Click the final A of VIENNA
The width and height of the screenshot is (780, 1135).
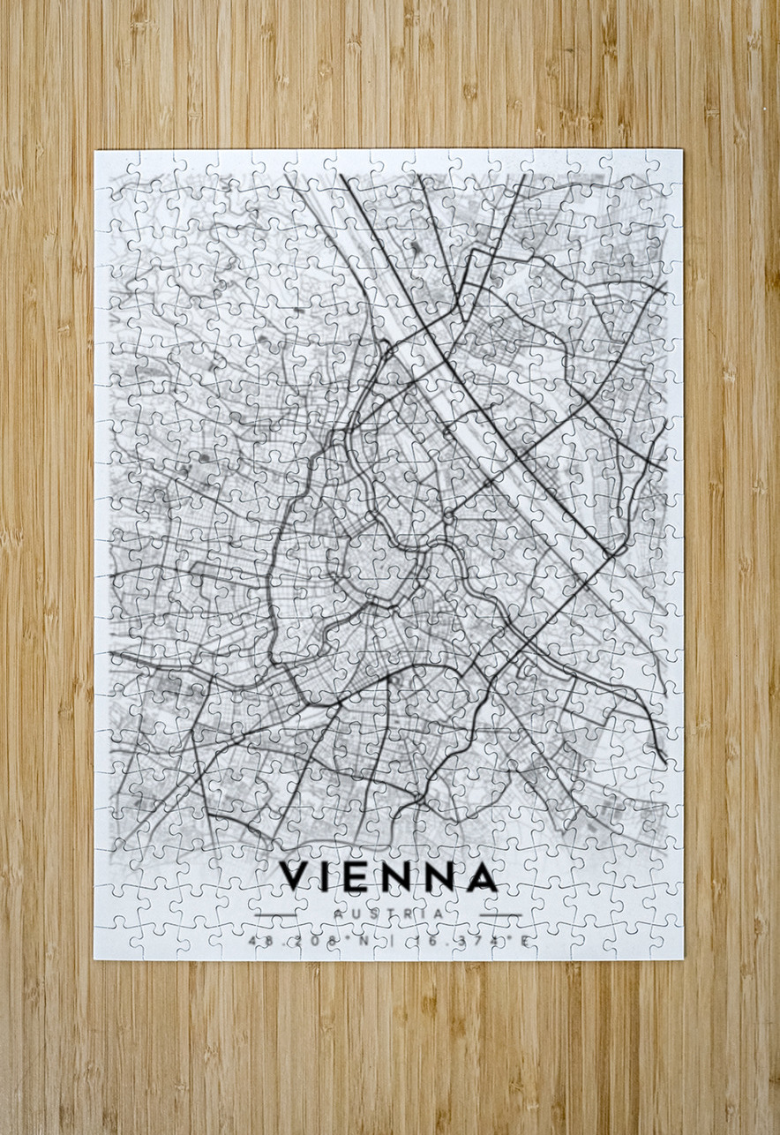479,876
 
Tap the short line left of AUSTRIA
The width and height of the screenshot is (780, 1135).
275,914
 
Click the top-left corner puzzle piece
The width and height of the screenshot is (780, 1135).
111,166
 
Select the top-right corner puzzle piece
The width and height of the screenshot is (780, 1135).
666,166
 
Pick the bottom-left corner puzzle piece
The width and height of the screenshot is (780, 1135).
111,942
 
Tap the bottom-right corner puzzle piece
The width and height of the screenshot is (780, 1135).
666,942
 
